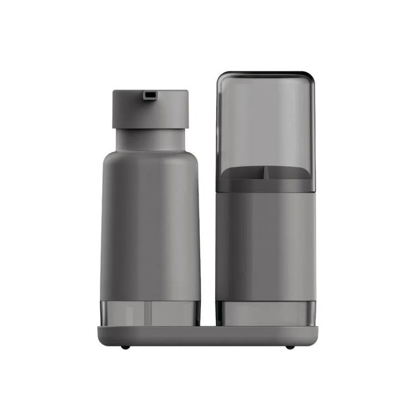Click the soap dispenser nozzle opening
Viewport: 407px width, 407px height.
tap(150, 95)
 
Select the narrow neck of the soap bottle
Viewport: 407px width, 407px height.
tap(150, 138)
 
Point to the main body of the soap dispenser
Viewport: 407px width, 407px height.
tap(150, 227)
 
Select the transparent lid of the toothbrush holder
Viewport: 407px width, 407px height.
tap(265, 122)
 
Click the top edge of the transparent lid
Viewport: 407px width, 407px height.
tap(265, 73)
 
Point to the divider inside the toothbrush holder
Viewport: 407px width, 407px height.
tap(266, 173)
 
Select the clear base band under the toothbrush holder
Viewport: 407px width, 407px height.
tap(265, 313)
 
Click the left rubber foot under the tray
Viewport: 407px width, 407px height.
tap(125, 347)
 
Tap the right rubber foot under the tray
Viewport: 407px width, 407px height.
tap(290, 347)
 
